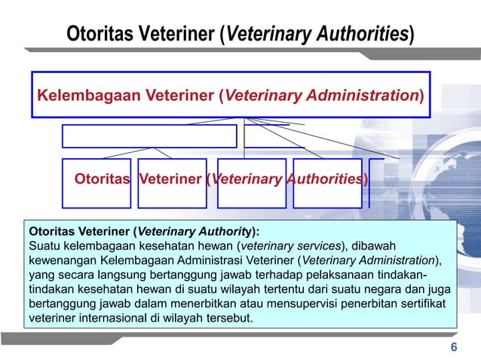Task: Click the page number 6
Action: (453, 347)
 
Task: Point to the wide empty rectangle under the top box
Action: (149, 136)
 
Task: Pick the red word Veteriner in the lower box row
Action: (174, 180)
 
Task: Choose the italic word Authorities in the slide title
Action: (355, 34)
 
